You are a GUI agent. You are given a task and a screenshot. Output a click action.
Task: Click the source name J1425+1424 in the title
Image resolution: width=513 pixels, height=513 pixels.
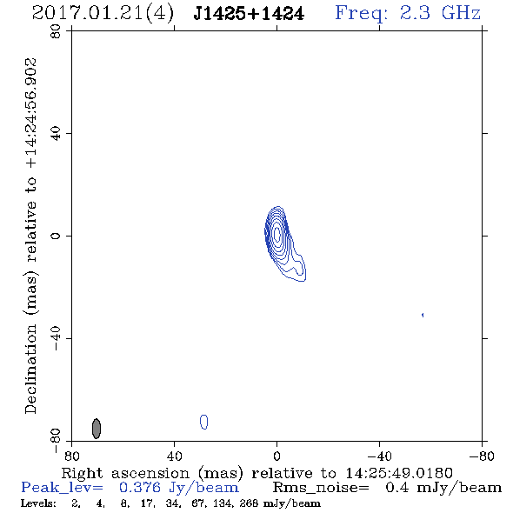(x=249, y=14)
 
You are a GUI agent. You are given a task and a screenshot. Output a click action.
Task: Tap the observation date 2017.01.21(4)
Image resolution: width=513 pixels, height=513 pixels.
(x=103, y=14)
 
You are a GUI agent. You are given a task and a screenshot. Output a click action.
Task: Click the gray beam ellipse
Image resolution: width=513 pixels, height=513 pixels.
(x=97, y=429)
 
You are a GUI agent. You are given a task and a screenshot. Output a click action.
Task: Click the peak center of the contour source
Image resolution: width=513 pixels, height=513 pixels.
(x=277, y=234)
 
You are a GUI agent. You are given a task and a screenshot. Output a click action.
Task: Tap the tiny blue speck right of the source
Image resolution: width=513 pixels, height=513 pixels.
(x=423, y=315)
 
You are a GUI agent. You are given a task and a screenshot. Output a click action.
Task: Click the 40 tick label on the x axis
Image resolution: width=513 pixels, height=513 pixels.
(x=174, y=456)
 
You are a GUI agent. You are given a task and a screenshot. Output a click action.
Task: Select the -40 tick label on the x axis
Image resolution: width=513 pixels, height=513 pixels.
(x=379, y=456)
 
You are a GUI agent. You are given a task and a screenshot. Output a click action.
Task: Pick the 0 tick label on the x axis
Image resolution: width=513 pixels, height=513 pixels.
(x=276, y=456)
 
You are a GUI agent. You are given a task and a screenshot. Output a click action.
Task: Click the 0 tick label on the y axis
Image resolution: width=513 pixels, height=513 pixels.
(x=56, y=236)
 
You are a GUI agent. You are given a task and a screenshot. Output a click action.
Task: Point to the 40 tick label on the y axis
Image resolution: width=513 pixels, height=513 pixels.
(x=56, y=134)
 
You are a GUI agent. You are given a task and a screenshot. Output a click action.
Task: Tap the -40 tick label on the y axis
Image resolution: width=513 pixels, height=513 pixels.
(x=56, y=338)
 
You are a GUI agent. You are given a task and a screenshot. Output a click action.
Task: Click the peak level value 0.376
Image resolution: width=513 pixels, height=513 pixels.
(x=140, y=488)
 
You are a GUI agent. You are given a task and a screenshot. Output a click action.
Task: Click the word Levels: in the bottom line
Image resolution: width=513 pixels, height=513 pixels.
(x=38, y=503)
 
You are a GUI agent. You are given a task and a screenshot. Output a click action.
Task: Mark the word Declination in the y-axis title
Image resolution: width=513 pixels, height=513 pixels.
(x=30, y=369)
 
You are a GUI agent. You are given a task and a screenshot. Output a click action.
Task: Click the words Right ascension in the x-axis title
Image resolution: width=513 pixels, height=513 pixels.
(x=125, y=473)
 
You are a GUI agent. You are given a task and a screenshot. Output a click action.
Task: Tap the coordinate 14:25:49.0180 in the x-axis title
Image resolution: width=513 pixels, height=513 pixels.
(x=399, y=473)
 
